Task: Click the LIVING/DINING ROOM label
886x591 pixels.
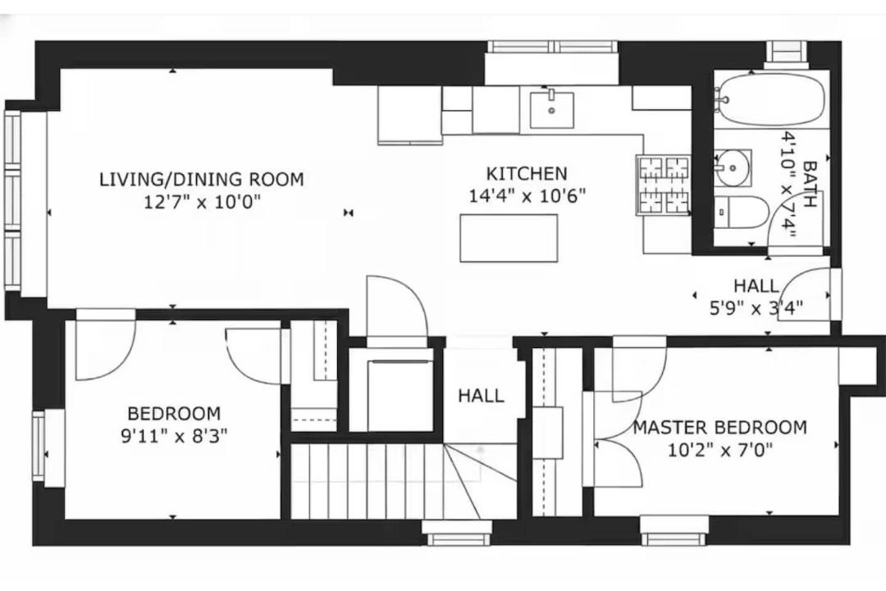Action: (x=202, y=179)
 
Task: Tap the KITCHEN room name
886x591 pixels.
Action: (x=527, y=173)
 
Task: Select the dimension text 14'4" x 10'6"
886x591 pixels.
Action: (x=527, y=195)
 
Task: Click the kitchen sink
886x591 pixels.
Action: (x=551, y=110)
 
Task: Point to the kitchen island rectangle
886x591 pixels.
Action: (x=509, y=237)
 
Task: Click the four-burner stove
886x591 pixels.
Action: (x=664, y=186)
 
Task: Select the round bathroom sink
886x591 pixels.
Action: (x=733, y=167)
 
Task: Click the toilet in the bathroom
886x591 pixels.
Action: (x=741, y=212)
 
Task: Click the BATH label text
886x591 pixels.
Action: (x=810, y=185)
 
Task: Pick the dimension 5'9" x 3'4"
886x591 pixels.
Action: (x=756, y=308)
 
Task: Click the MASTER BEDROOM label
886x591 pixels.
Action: (x=720, y=427)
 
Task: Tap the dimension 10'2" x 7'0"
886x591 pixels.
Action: (x=720, y=450)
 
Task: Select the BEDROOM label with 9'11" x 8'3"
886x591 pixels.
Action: (x=174, y=414)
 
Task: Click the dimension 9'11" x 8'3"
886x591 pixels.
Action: (x=174, y=436)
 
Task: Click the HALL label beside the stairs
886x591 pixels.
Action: (x=481, y=396)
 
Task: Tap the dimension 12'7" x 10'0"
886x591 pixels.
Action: (x=202, y=202)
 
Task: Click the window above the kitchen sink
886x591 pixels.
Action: (x=552, y=47)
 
